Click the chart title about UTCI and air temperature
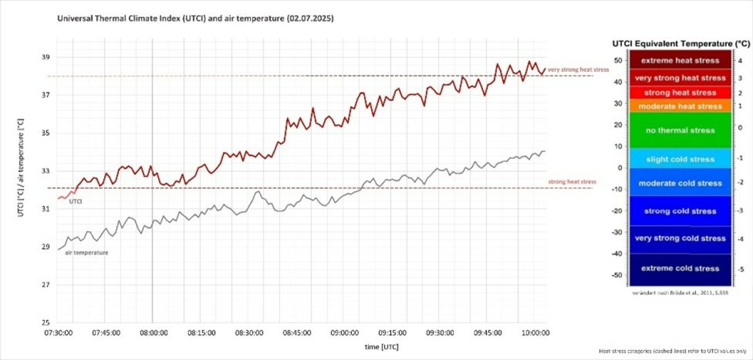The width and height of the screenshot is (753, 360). [x=195, y=19]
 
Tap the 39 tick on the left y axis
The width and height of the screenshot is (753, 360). [x=46, y=57]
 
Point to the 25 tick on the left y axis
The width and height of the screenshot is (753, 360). [x=46, y=322]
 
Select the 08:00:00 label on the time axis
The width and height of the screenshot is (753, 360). [x=154, y=332]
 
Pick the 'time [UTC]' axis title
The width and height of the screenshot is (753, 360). [x=382, y=346]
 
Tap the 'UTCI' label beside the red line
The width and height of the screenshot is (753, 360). [x=75, y=202]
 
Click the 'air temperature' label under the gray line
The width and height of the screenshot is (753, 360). [x=91, y=252]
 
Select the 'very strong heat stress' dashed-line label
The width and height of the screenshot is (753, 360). [x=578, y=70]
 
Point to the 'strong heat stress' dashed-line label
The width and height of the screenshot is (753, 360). [x=572, y=182]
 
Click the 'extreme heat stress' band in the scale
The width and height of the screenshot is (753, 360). [x=680, y=60]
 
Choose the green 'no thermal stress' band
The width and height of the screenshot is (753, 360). [x=680, y=130]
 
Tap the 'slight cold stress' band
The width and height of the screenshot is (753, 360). [x=680, y=159]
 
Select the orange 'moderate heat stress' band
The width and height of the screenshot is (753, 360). [x=680, y=106]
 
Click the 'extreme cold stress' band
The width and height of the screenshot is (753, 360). [x=680, y=268]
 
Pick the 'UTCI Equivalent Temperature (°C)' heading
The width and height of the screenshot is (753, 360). [x=681, y=44]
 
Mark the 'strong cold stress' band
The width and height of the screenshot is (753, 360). [x=680, y=211]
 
